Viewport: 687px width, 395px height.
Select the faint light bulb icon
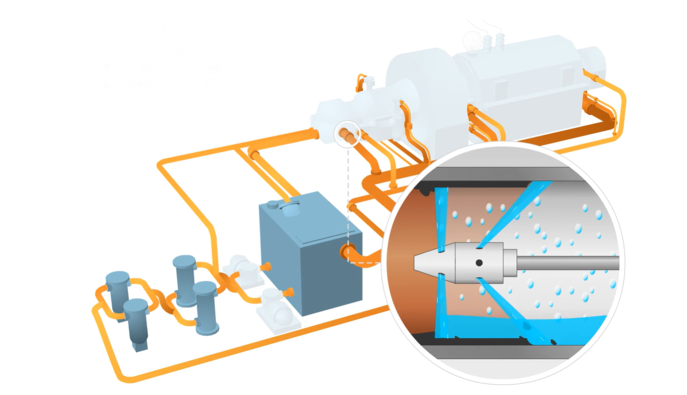point(471,39)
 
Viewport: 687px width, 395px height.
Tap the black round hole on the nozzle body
point(478,262)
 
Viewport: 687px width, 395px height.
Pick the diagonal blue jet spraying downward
point(505,307)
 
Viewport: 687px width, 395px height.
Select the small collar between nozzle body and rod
point(509,262)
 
